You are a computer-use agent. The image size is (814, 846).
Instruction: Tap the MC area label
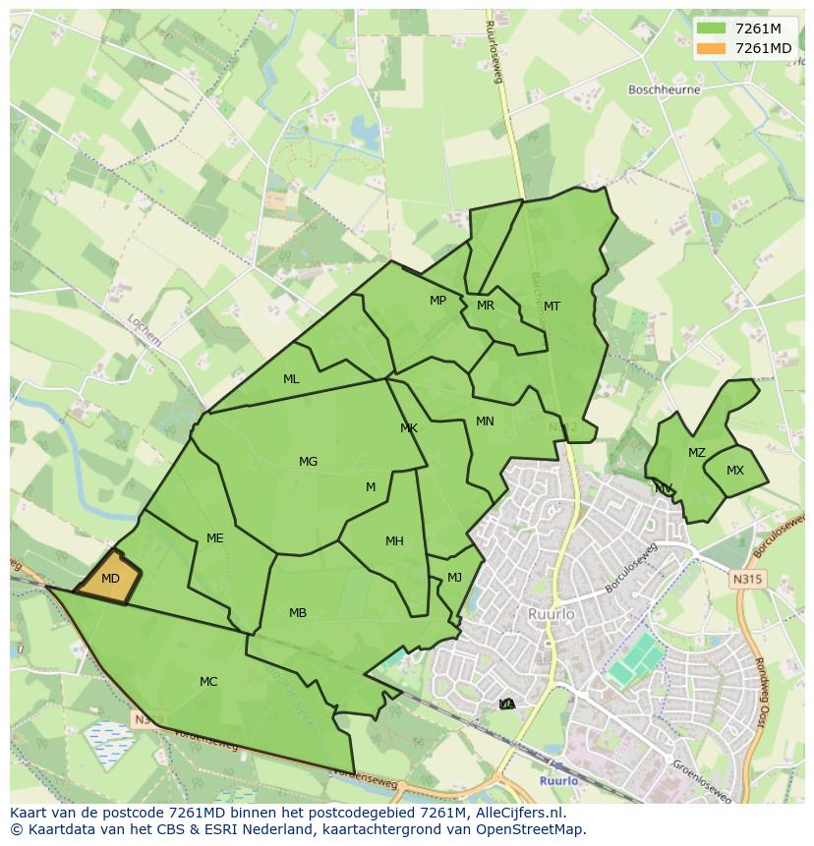(208, 681)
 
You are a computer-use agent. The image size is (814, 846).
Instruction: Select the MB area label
(298, 613)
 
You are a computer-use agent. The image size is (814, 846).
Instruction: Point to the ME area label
(215, 537)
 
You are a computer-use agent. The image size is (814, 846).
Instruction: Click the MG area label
(308, 461)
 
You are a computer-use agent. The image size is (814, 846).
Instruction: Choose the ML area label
(291, 378)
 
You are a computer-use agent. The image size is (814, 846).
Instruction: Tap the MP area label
(437, 301)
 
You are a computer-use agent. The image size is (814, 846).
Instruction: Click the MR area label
(485, 306)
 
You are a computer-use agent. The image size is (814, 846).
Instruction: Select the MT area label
(552, 307)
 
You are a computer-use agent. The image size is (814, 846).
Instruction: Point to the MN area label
(485, 422)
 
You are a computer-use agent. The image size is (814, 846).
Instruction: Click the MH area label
(394, 540)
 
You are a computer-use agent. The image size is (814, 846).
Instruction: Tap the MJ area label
(454, 577)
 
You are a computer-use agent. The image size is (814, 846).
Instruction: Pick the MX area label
(735, 471)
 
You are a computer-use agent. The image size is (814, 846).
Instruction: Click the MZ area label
(696, 453)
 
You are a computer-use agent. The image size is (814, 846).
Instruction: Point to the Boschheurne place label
(665, 89)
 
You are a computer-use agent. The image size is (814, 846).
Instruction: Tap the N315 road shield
(747, 580)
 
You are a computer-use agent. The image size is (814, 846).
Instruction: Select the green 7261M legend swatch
(711, 28)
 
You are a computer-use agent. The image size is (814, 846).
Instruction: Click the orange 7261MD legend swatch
(711, 48)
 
